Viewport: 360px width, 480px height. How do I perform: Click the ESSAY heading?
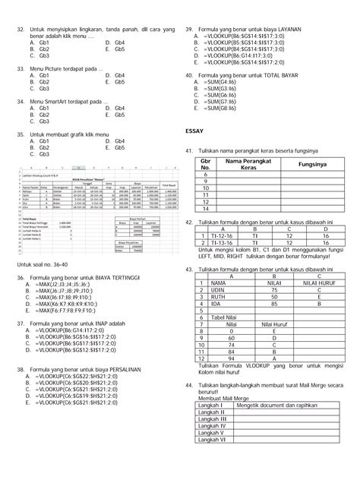pyautogui.click(x=196, y=131)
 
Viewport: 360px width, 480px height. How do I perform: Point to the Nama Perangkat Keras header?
pyautogui.click(x=246, y=164)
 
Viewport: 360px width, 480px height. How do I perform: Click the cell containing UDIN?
pyautogui.click(x=220, y=290)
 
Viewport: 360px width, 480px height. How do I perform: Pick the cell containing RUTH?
pyautogui.click(x=220, y=298)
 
